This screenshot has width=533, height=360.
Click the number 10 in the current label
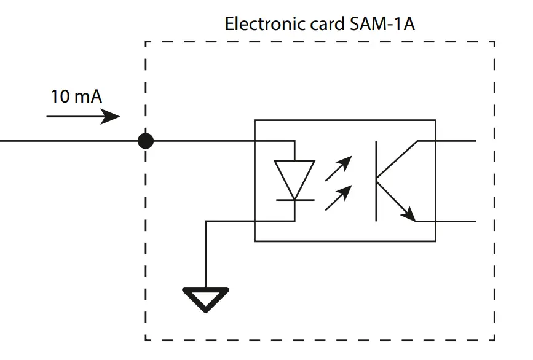point(60,97)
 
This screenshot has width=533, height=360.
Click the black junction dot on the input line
point(145,141)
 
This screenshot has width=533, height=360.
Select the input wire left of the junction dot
point(68,141)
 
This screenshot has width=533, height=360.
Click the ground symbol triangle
point(206,298)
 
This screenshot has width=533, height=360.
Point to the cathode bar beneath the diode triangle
point(294,200)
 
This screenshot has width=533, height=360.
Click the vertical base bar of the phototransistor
point(376,181)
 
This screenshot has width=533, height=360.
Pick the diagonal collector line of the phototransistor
point(397,159)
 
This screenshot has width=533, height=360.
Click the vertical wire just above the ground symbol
point(206,258)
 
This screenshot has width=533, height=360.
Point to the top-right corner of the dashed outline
point(494,42)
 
